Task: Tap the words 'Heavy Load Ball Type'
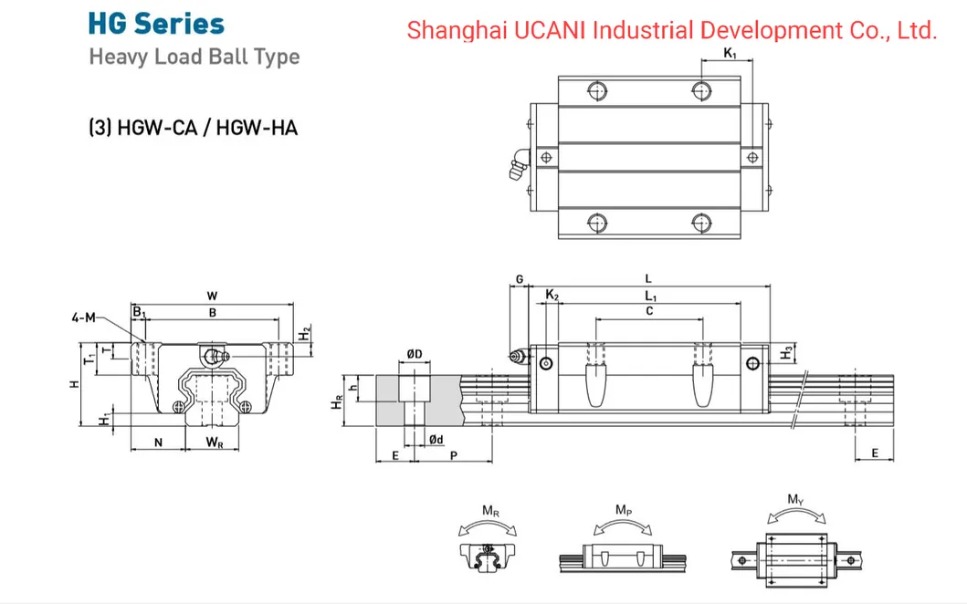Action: point(194,57)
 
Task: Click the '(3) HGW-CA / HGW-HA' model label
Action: point(194,127)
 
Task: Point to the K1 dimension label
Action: point(729,54)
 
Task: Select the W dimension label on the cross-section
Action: point(212,296)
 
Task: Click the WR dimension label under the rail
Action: point(214,443)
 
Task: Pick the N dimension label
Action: point(159,443)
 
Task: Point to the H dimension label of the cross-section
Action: point(75,384)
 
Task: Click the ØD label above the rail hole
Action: point(414,354)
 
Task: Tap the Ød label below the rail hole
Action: point(437,441)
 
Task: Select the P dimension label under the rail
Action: point(454,454)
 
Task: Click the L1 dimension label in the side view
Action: point(650,296)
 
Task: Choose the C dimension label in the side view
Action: point(649,311)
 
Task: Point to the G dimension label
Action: point(519,279)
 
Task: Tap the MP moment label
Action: point(622,509)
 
